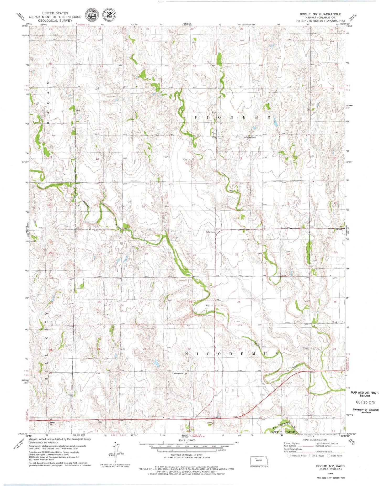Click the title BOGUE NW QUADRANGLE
click(x=320, y=14)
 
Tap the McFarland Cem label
click(x=249, y=137)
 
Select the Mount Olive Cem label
click(x=180, y=374)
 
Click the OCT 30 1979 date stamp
click(x=365, y=402)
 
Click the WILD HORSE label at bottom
click(x=284, y=432)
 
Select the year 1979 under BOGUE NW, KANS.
click(x=330, y=473)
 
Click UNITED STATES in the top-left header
click(x=55, y=13)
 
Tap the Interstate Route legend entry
click(x=297, y=456)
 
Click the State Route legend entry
click(x=334, y=456)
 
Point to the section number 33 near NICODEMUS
click(x=240, y=349)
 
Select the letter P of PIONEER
click(x=196, y=117)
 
